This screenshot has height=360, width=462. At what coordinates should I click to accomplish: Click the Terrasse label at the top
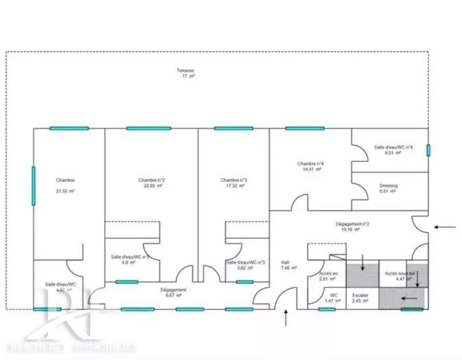point(185,71)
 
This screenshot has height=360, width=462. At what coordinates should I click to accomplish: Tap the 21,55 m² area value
point(65,192)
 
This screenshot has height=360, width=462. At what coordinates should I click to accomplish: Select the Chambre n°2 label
point(152,180)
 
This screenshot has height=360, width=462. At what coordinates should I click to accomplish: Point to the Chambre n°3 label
point(234,180)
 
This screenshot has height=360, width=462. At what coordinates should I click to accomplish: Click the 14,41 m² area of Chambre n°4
point(309,170)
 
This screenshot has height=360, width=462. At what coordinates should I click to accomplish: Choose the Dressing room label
point(389,185)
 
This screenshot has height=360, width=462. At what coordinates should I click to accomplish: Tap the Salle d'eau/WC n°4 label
point(393,147)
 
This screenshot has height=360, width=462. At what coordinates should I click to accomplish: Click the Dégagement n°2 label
point(352,224)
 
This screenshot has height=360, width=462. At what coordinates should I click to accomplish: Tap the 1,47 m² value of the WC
point(329,300)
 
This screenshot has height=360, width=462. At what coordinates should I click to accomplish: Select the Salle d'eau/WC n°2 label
point(131,257)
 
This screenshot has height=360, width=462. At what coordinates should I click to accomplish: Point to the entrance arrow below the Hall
point(286,317)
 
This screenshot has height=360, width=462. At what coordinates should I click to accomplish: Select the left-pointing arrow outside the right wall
point(445,227)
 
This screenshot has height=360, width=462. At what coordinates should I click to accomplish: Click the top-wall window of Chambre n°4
point(305,128)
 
